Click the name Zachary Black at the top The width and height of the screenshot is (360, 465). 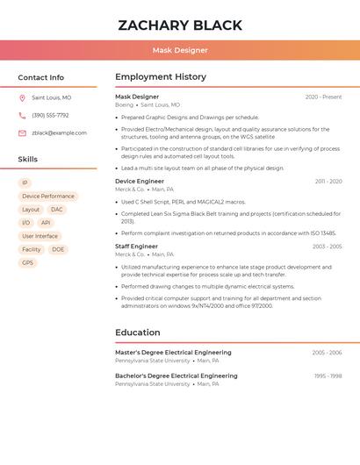[180, 25]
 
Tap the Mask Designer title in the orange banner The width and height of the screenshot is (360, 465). [180, 51]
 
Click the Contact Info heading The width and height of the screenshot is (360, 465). [40, 77]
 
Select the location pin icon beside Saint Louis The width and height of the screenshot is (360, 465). [22, 97]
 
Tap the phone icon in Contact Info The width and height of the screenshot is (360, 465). [22, 115]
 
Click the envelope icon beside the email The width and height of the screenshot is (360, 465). [22, 133]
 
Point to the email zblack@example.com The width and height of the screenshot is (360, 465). [59, 133]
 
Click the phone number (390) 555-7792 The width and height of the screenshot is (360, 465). [50, 115]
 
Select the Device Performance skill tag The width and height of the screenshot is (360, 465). [48, 197]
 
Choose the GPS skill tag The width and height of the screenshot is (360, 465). [27, 262]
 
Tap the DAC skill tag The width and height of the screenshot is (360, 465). [56, 210]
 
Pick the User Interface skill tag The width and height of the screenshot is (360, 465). [40, 236]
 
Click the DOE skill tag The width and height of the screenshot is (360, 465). [58, 249]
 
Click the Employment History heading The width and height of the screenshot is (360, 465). [161, 77]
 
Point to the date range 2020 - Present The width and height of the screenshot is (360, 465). [323, 97]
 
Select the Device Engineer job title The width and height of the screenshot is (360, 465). [140, 182]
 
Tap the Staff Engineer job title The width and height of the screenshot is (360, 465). [136, 247]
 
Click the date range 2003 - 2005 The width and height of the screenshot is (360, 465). [327, 247]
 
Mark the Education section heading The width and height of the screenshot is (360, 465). [138, 333]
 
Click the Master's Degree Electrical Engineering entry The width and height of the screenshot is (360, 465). [173, 353]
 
